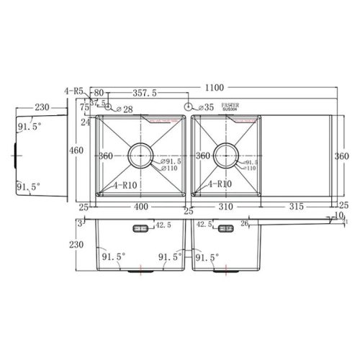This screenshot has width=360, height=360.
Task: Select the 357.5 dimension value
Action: coord(146,93)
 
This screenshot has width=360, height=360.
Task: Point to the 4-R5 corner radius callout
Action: coord(73,91)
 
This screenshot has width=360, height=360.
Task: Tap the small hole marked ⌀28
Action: coord(108,107)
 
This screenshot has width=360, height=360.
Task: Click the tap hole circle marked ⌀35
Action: coord(189,107)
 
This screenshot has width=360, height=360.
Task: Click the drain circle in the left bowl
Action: coord(139,155)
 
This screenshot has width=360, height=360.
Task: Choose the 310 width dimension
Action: coord(228,207)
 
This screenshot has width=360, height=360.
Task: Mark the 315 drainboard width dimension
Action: coord(295,207)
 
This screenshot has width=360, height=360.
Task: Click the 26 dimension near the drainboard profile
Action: coord(245,223)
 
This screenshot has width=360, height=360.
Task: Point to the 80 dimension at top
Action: coord(99,93)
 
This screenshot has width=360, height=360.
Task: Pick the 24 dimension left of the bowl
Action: coord(85,122)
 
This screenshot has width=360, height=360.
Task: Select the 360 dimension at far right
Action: coord(343,156)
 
